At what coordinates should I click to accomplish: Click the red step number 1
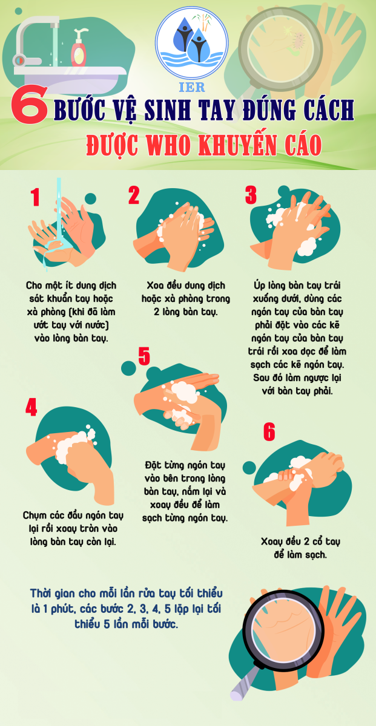click(x=35, y=197)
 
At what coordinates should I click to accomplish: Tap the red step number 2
click(x=134, y=195)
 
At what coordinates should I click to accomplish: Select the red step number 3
click(x=251, y=195)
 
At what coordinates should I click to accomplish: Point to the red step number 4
click(x=31, y=407)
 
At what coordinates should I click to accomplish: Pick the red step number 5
click(x=144, y=356)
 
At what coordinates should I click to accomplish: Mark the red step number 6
click(x=269, y=432)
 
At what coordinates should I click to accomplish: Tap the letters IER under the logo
click(x=192, y=87)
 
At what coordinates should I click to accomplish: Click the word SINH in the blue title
click(x=167, y=110)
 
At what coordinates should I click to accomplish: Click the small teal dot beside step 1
click(x=90, y=198)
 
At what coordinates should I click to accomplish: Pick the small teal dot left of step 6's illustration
click(x=249, y=467)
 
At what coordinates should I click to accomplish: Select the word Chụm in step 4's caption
click(x=34, y=515)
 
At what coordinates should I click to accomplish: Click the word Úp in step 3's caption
click(x=260, y=286)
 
